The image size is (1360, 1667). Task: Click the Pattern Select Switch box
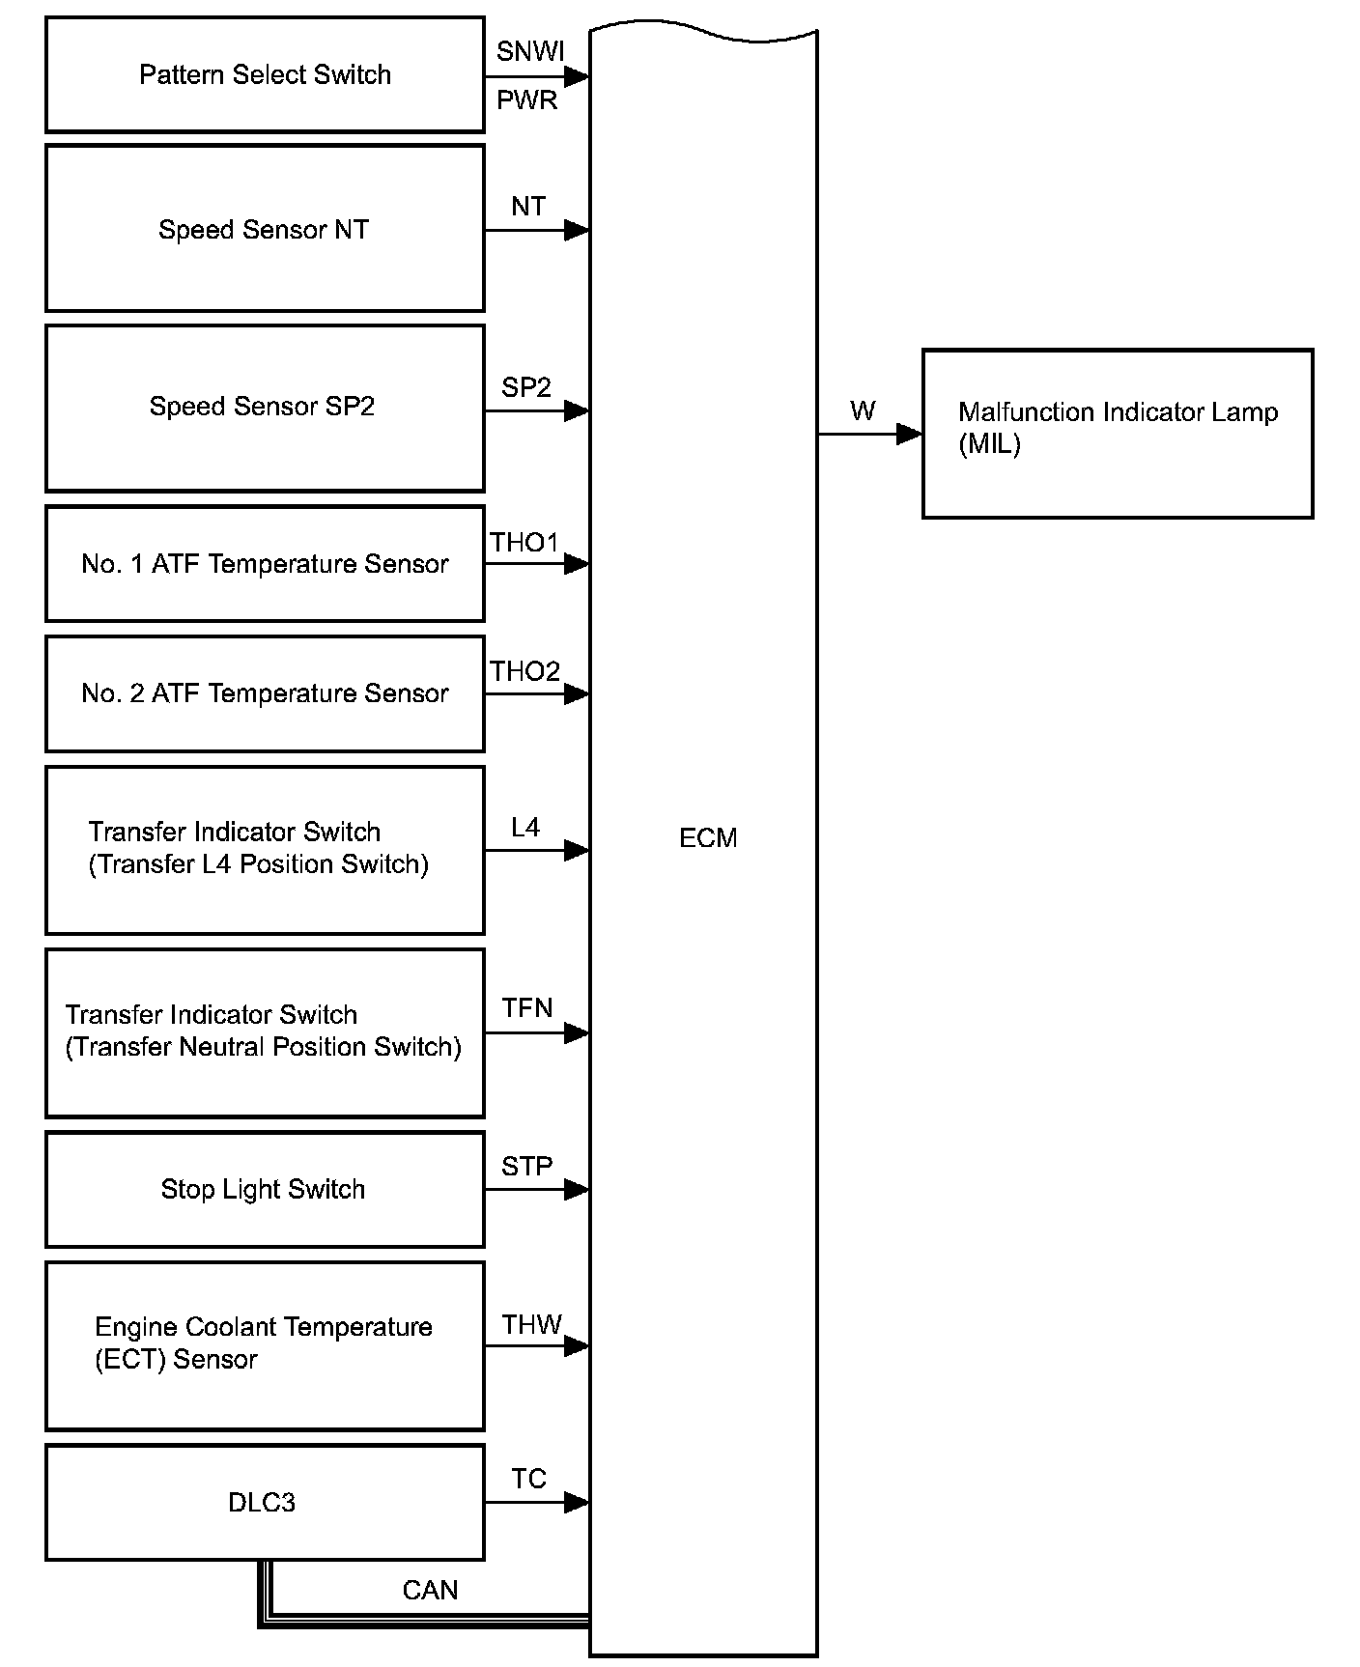coord(265,75)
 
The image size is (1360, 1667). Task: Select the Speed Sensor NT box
coord(265,229)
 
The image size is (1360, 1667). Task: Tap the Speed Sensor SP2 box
coord(265,408)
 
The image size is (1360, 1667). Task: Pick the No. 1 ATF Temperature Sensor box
coord(265,564)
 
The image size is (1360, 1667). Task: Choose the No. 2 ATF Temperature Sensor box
coord(265,693)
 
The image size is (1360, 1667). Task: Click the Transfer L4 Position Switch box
coord(265,850)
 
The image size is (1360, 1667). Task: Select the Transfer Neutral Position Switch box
coord(265,1032)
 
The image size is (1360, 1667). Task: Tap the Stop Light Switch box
coord(265,1189)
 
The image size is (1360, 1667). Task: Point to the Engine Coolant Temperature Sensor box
coord(265,1345)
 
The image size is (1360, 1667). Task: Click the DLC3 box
coord(265,1502)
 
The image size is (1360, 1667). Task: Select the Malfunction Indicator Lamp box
coord(1118,434)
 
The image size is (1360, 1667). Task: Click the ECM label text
coord(708,838)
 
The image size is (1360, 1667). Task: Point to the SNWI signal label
coord(530,52)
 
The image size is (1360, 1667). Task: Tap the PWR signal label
coord(527,100)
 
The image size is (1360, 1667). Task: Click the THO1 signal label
coord(524,543)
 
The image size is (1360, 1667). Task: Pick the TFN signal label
coord(527,1008)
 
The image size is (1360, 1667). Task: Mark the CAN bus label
coord(430,1590)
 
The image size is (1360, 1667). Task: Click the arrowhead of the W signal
coord(909,435)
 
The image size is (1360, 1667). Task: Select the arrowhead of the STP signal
coord(577,1189)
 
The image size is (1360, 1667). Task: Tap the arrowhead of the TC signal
coord(577,1502)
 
